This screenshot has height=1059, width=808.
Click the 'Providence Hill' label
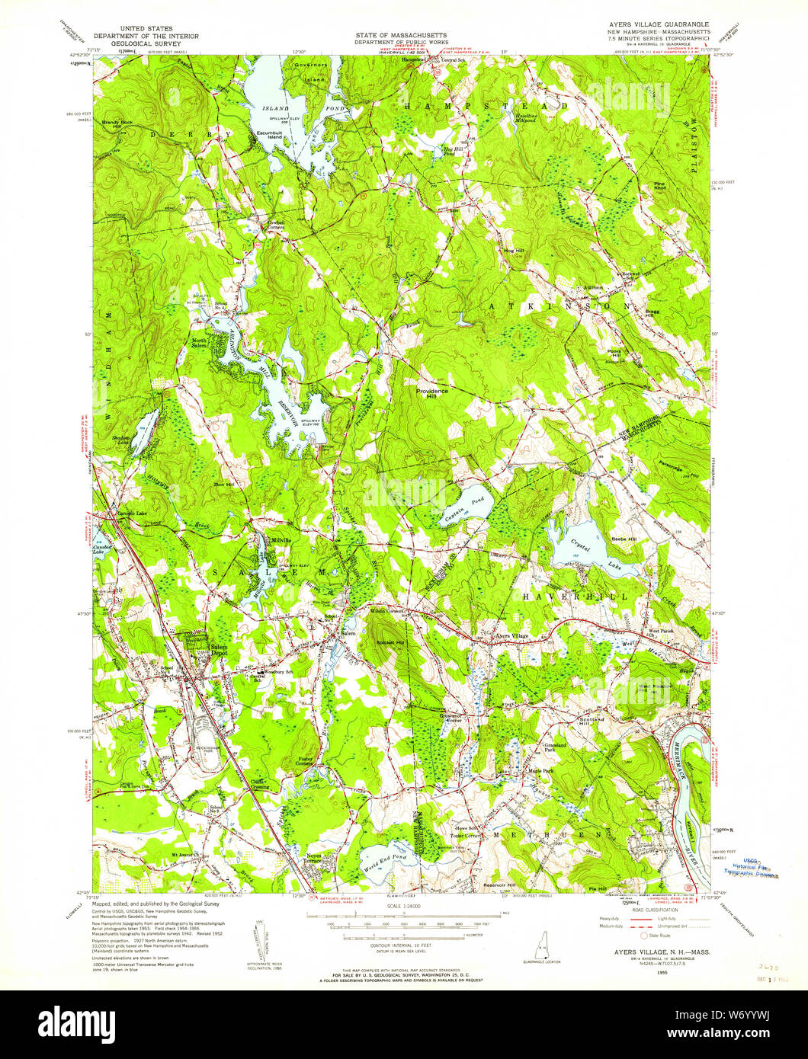(431, 392)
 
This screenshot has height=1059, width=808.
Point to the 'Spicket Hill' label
(390, 642)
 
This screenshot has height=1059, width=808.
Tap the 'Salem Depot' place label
(219, 650)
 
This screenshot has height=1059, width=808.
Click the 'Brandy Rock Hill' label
(117, 124)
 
